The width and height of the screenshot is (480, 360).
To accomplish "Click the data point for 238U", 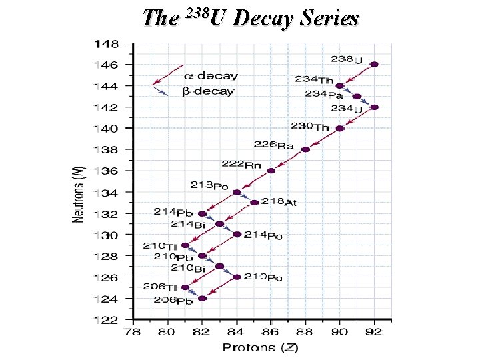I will point(375,65).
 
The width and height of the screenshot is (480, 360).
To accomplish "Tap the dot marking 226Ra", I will point(305,149).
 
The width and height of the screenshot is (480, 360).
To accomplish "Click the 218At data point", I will point(254,202).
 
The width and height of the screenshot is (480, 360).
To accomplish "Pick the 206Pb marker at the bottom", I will point(203,298).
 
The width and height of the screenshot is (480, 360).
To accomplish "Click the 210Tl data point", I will point(185,245).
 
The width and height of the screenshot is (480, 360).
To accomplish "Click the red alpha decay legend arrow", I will point(168,75).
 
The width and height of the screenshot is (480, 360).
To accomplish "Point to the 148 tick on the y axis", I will point(107,44).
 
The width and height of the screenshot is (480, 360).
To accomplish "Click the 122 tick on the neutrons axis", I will point(107,320).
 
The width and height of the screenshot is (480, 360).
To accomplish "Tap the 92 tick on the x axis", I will point(375,331).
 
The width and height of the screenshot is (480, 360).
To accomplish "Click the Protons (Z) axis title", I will point(255,347).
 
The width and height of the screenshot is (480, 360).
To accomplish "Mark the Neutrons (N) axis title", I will point(78,195).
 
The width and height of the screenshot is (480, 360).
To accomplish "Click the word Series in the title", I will point(328,18).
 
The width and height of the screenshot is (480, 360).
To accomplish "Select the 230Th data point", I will point(340,128).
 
